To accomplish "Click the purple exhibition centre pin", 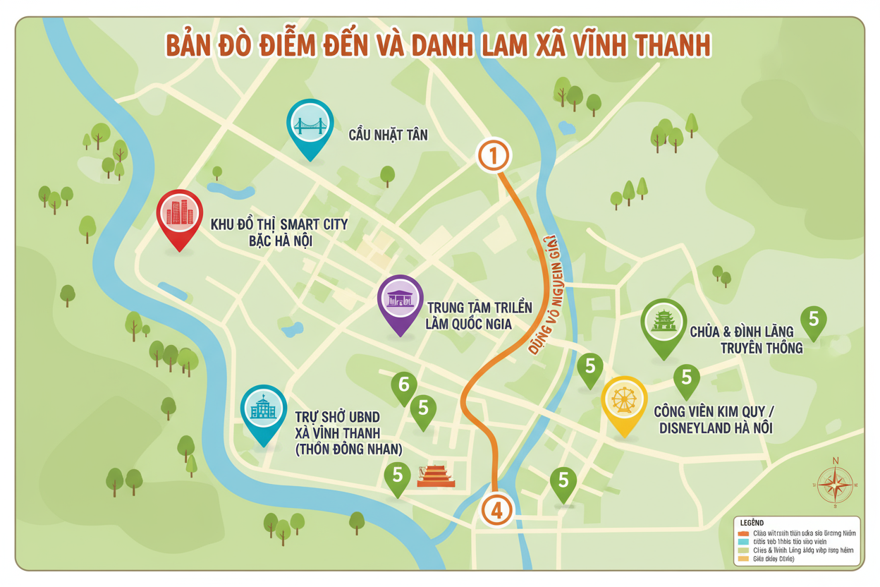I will [401, 300].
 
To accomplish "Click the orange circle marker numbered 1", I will [494, 155].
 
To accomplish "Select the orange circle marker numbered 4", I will [496, 510].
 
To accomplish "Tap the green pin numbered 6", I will [404, 385].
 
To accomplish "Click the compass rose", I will [836, 484].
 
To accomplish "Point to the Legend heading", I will [753, 522].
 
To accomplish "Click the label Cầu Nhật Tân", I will [388, 135].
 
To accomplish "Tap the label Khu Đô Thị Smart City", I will [279, 233].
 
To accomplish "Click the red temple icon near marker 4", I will [436, 476].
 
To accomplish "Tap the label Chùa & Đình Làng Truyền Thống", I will [750, 339].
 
